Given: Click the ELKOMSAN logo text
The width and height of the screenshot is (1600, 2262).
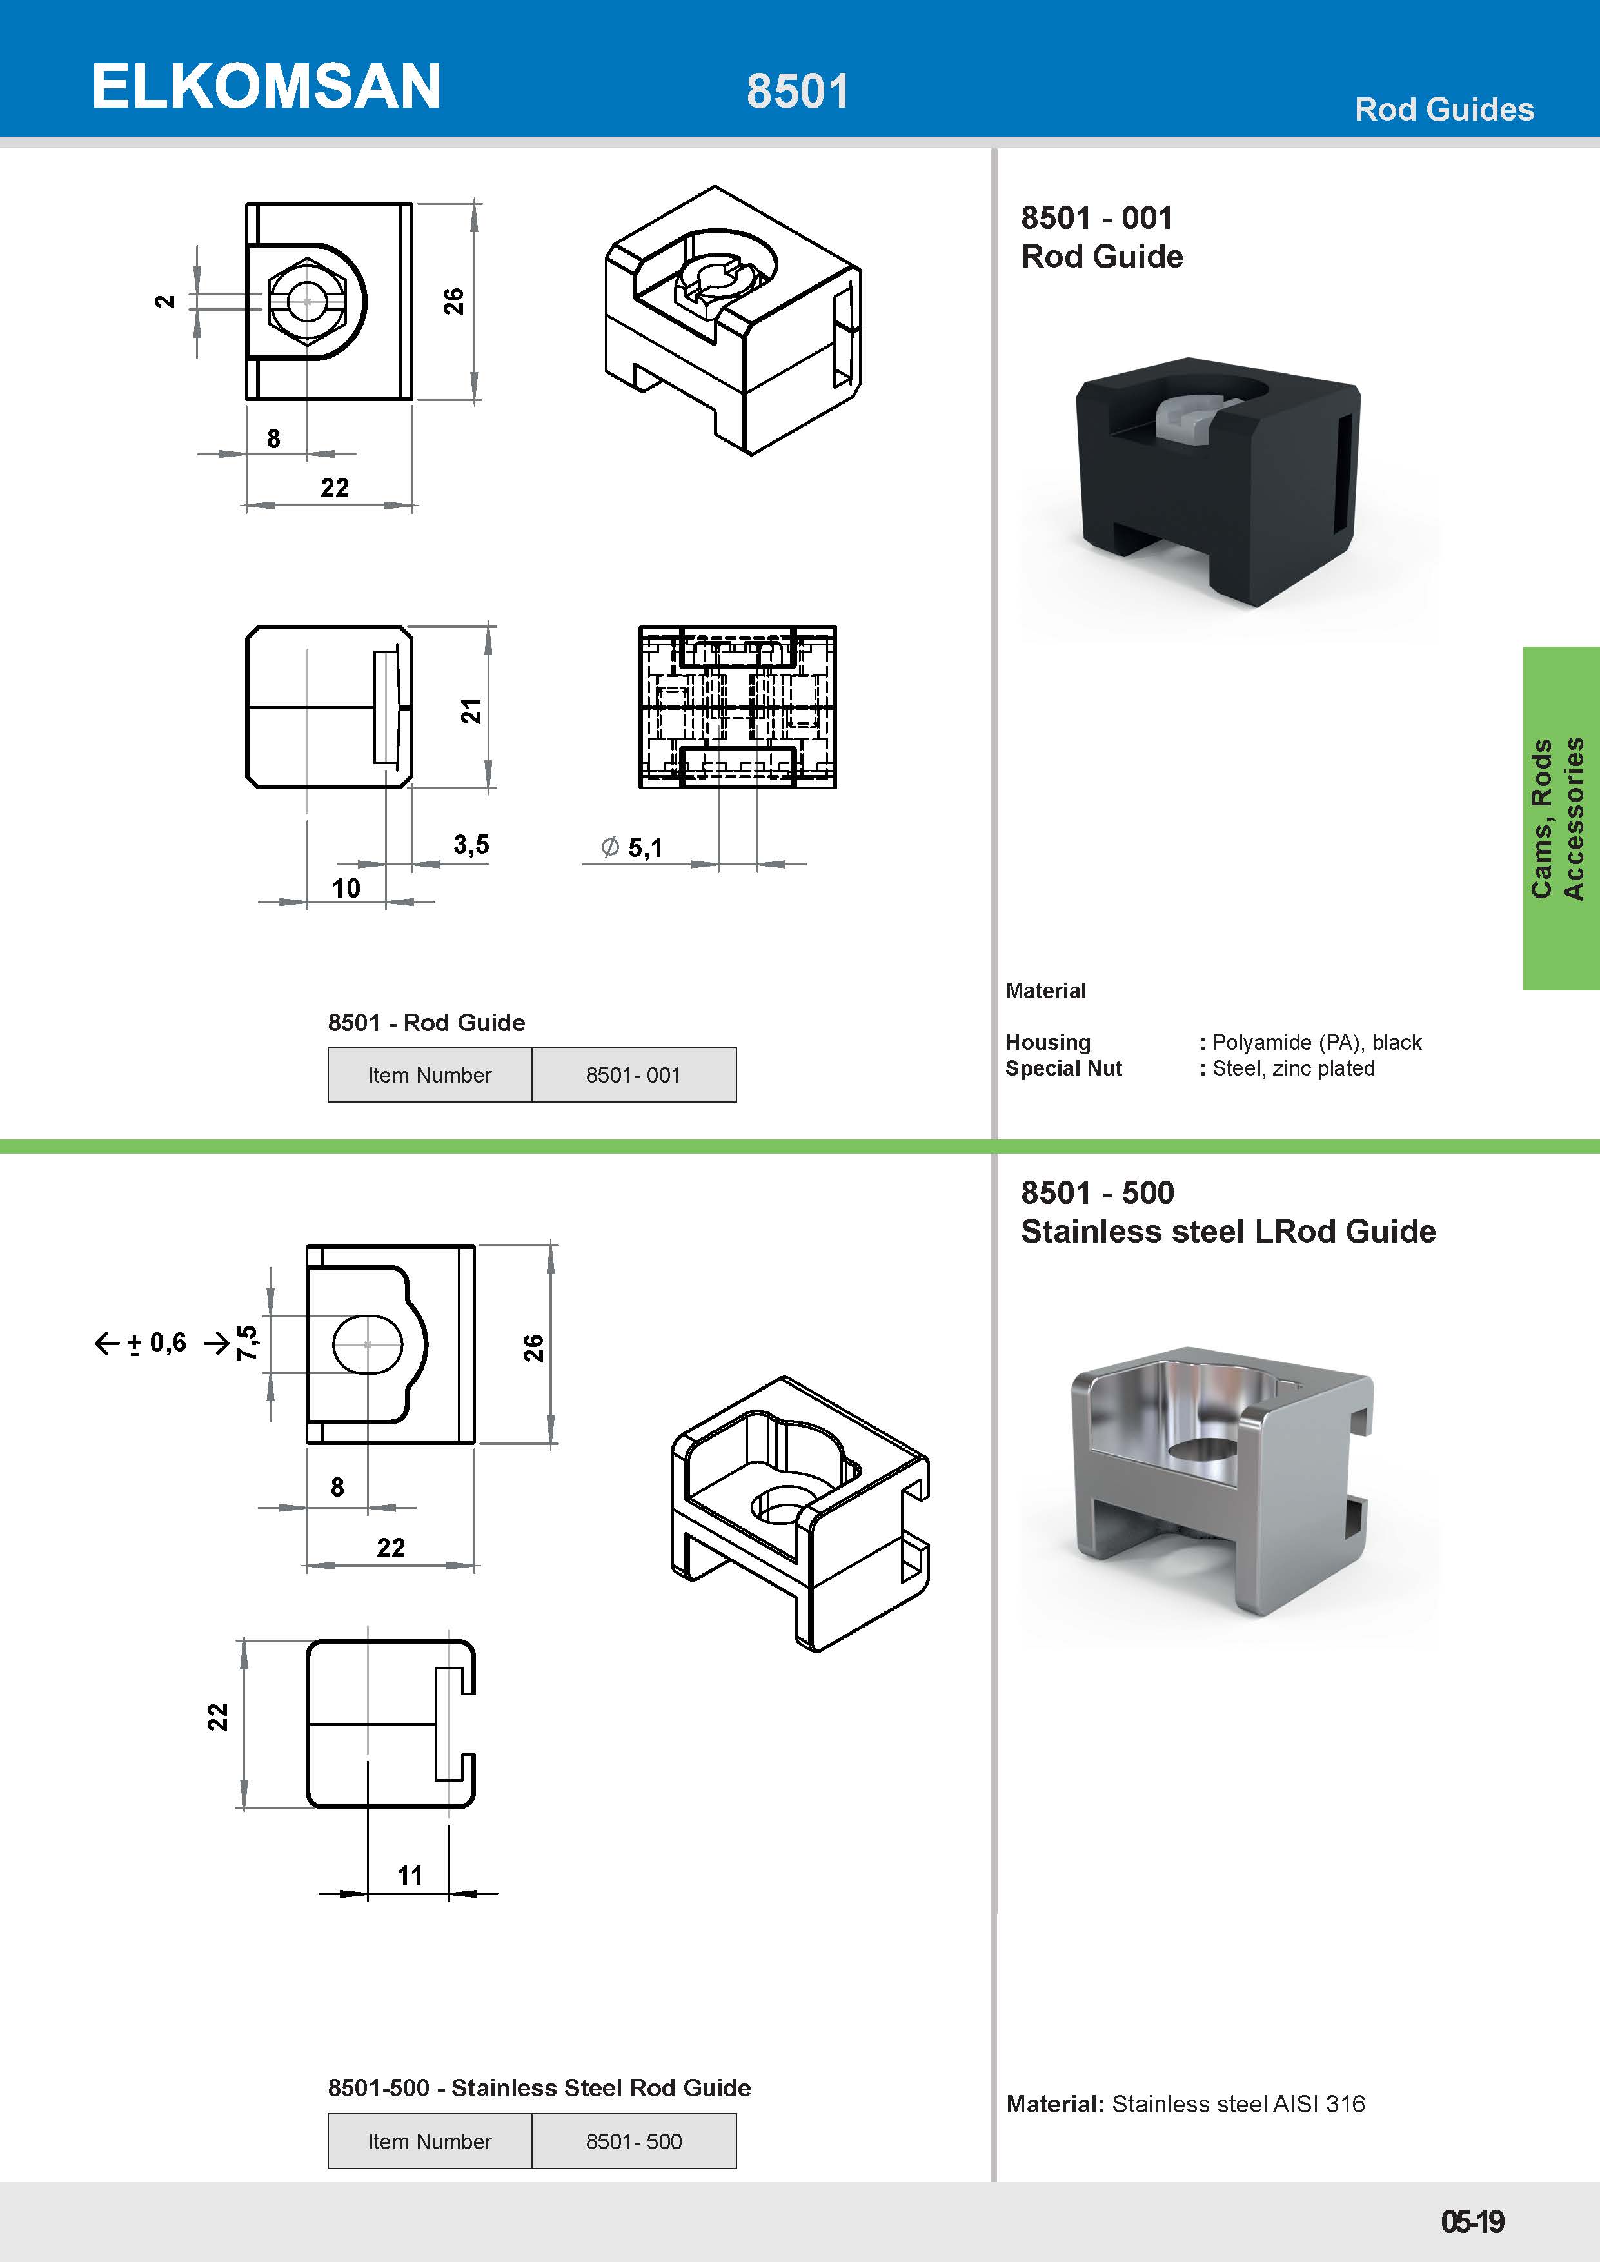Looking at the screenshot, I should click(266, 86).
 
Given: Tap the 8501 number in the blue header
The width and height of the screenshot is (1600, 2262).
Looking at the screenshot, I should click(797, 92).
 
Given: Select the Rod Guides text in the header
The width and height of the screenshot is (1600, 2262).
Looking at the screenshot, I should click(1443, 110).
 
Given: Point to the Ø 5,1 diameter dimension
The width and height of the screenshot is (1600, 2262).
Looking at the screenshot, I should click(633, 847).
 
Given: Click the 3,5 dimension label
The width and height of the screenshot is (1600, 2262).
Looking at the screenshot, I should click(471, 844).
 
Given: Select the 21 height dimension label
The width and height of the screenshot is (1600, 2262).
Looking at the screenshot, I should click(472, 711).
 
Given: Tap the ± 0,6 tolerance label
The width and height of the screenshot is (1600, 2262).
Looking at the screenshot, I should click(157, 1342).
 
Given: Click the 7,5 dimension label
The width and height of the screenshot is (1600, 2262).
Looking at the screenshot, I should click(246, 1342).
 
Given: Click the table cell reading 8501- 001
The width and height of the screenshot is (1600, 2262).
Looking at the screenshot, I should click(633, 1075).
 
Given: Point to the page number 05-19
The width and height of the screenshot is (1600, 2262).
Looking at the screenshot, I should click(1472, 2221).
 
